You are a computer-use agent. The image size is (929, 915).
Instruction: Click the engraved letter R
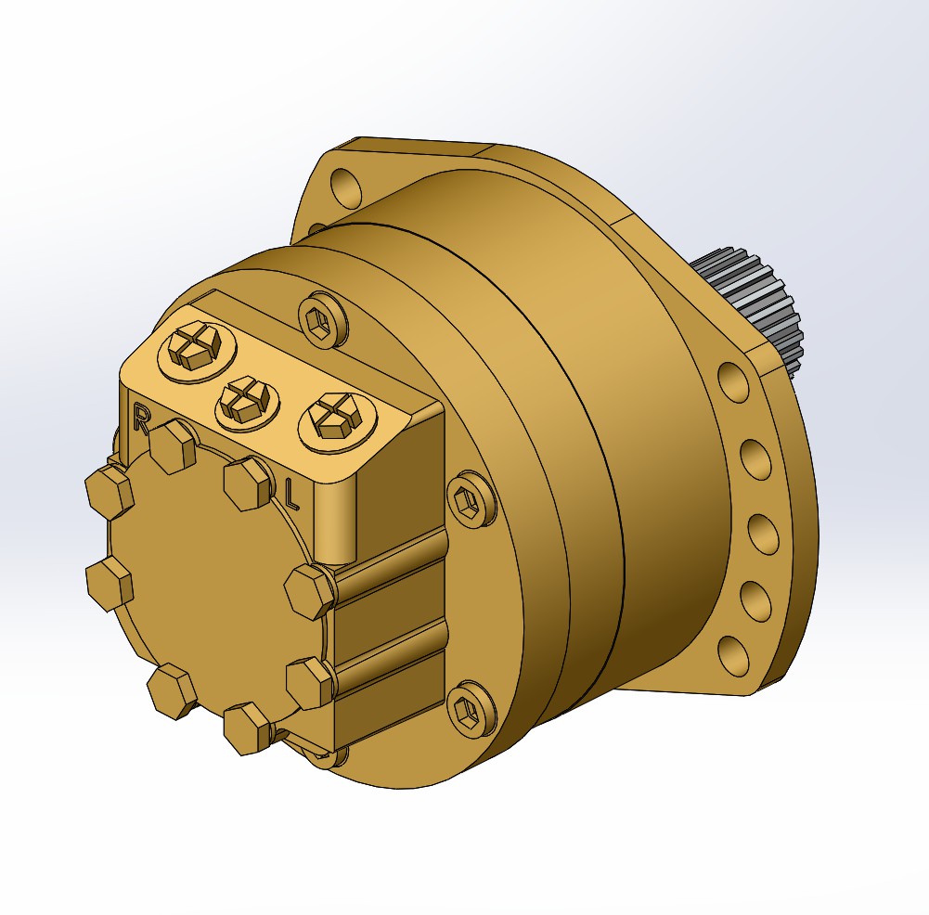[142, 418]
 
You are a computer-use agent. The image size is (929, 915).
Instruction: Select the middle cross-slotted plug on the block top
[249, 400]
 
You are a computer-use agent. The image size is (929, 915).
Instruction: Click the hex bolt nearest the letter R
[173, 445]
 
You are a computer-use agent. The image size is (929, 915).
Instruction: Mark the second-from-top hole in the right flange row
[756, 457]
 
